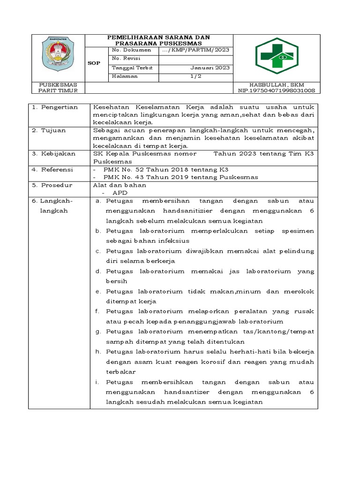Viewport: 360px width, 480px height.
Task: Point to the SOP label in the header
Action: point(94,63)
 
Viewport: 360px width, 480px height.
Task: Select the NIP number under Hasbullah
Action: point(277,90)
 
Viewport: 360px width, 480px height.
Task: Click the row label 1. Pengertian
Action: point(55,107)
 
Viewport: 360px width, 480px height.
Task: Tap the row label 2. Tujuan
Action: point(50,130)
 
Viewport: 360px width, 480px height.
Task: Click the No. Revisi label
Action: point(124,59)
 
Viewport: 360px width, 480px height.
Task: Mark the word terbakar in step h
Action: point(120,372)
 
